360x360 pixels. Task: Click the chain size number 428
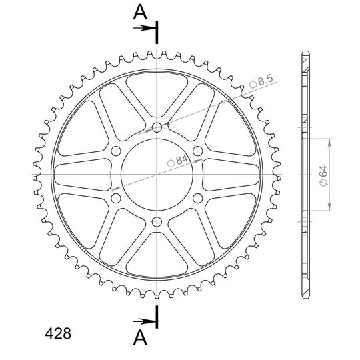pyautogui.click(x=58, y=333)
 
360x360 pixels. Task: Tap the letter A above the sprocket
pyautogui.click(x=140, y=12)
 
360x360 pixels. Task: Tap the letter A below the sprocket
pyautogui.click(x=140, y=338)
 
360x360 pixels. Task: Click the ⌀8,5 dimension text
pyautogui.click(x=261, y=81)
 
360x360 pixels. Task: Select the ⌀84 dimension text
pyautogui.click(x=178, y=161)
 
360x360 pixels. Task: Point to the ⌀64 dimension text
pyautogui.click(x=323, y=175)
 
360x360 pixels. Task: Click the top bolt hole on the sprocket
pyautogui.click(x=157, y=127)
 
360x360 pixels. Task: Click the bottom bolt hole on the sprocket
pyautogui.click(x=157, y=222)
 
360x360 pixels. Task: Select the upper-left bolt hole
pyautogui.click(x=116, y=151)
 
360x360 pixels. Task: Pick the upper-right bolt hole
pyautogui.click(x=198, y=151)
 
